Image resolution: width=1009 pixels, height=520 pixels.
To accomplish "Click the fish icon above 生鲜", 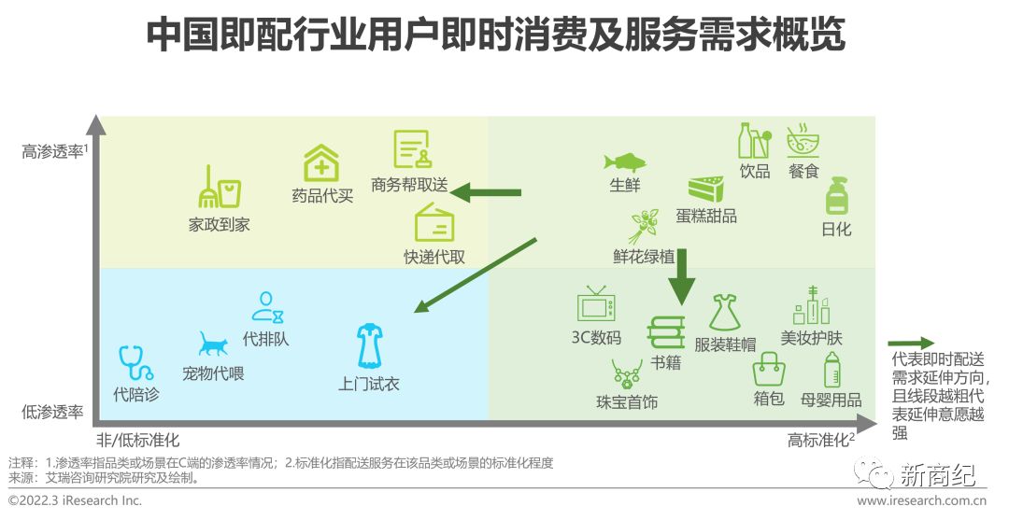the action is point(624,161).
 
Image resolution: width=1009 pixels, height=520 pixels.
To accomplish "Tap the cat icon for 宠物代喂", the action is point(213,344).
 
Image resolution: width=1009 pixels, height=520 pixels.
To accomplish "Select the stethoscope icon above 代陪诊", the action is point(135,363).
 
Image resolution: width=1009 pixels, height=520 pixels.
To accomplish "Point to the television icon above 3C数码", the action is point(596,305).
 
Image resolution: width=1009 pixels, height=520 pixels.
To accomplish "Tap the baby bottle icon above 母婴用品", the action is point(831,370).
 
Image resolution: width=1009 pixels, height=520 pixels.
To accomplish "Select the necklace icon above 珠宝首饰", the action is point(625,375).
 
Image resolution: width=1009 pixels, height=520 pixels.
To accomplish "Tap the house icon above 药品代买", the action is point(321,163).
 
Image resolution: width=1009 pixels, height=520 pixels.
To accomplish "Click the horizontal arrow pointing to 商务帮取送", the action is point(485,192).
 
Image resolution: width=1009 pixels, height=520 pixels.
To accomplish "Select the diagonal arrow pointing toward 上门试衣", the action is point(476,274).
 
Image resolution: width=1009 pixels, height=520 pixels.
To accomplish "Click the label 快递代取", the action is point(433,257).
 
